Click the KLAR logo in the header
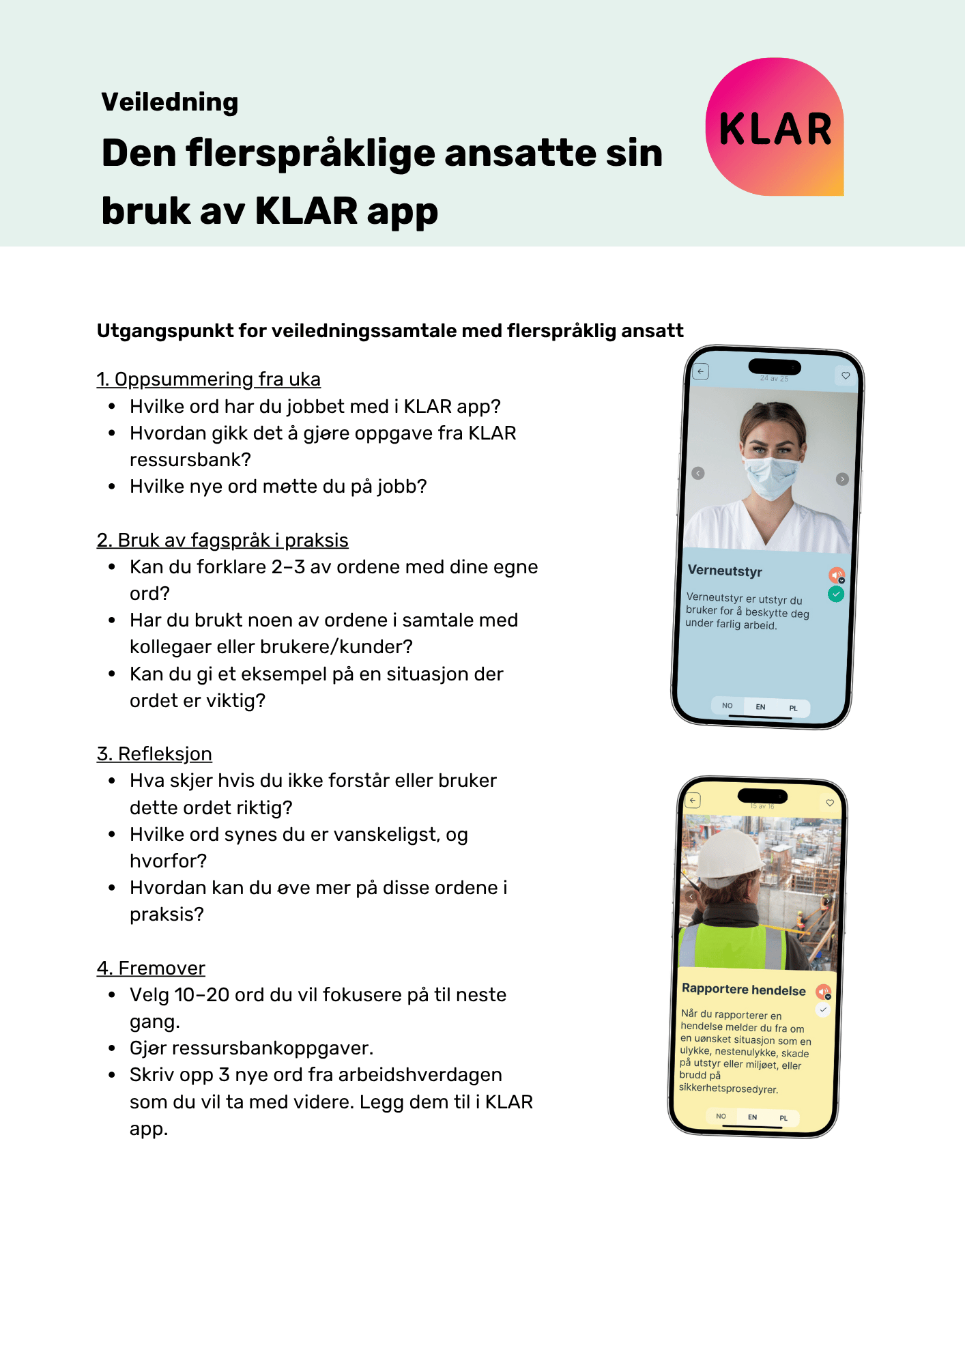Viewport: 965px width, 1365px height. (775, 128)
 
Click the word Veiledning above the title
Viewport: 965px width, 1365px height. (170, 102)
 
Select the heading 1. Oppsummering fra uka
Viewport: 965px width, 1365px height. (208, 379)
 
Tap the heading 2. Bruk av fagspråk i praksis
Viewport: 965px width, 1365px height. (222, 540)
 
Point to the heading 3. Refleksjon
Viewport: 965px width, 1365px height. (154, 753)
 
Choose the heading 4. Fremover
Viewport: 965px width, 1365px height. (151, 968)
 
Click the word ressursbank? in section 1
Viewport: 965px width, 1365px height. (190, 459)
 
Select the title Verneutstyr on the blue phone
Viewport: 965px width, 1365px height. (725, 571)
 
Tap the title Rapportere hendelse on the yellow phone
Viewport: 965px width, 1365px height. (744, 990)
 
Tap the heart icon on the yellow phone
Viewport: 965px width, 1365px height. (830, 803)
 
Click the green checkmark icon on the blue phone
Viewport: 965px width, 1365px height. (836, 594)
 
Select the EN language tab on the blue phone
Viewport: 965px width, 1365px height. (760, 706)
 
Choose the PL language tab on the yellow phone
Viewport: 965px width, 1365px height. (783, 1118)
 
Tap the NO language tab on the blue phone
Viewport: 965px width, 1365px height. (728, 706)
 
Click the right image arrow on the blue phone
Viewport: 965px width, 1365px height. (842, 479)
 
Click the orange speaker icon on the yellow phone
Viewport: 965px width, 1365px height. (823, 991)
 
